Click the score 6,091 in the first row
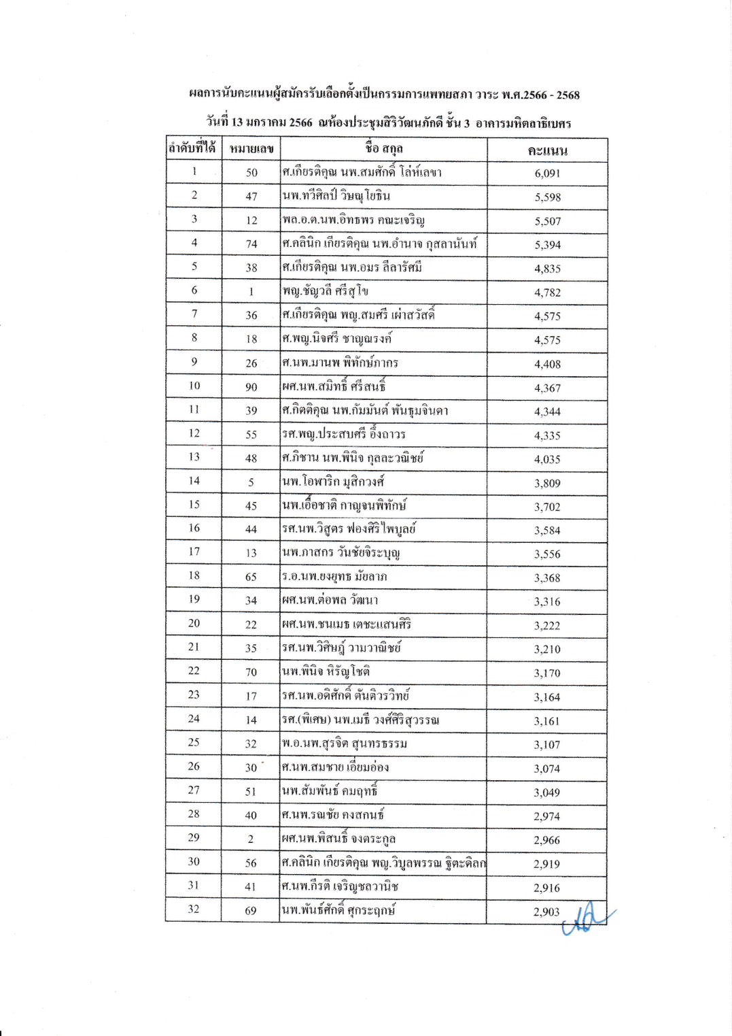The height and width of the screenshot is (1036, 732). tap(547, 173)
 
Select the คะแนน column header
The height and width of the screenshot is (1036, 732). tap(547, 150)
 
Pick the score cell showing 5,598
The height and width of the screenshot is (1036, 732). tap(547, 197)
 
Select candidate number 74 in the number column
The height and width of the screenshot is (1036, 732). tap(251, 244)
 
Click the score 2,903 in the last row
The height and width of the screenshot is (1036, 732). tap(546, 912)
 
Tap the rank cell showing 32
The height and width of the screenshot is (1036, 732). tap(194, 909)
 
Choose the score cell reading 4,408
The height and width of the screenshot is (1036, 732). tap(547, 364)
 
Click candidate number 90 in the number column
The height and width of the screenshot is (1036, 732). tap(251, 387)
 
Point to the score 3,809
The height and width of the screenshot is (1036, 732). tap(547, 484)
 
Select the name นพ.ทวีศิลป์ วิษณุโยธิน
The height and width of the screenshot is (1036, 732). tap(336, 196)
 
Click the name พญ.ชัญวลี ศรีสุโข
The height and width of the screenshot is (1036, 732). tap(326, 291)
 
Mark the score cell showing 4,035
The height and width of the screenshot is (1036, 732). tap(547, 459)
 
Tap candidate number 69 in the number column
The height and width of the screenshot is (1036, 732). tap(251, 911)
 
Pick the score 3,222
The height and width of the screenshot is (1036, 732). tap(547, 626)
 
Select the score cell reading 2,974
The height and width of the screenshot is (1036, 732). tap(546, 816)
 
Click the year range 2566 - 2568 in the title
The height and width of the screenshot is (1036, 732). tap(551, 95)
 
